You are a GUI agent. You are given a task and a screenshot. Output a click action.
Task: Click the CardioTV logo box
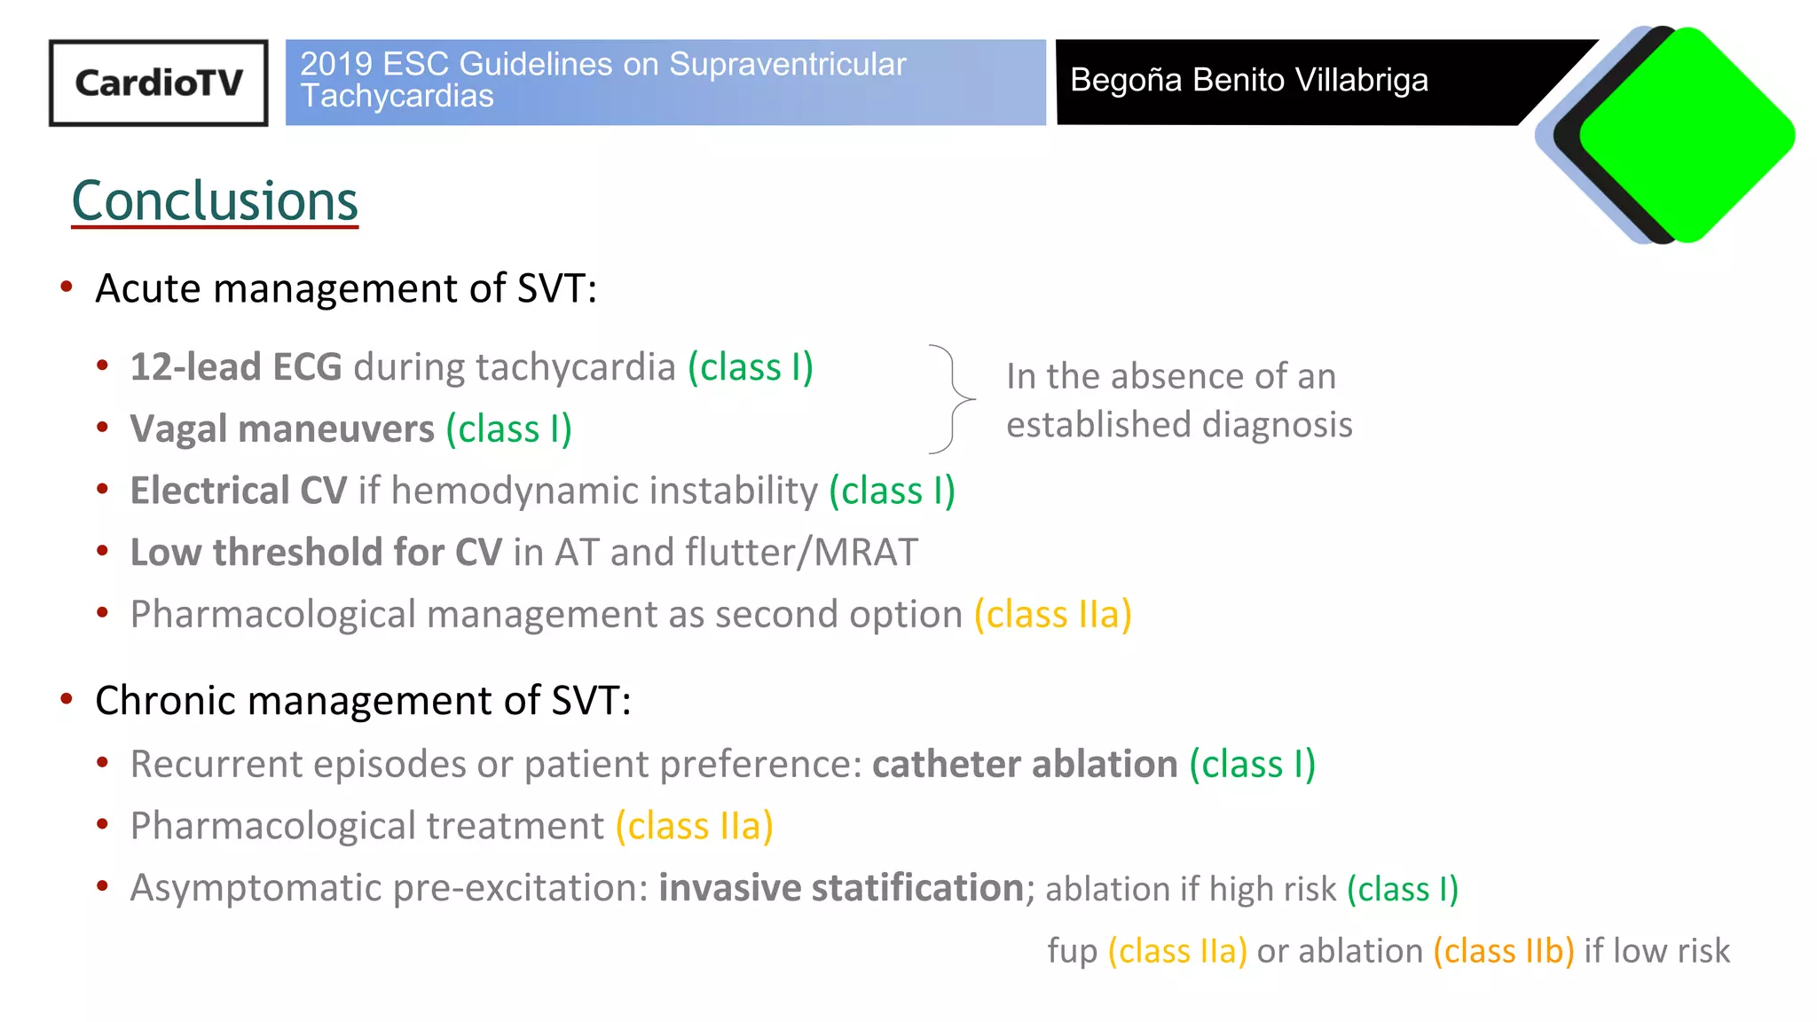pyautogui.click(x=158, y=83)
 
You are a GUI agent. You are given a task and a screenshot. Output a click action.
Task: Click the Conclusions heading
pyautogui.click(x=215, y=200)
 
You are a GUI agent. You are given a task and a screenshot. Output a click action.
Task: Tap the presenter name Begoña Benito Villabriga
pyautogui.click(x=1248, y=80)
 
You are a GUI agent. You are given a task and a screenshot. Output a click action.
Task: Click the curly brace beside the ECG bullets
pyautogui.click(x=952, y=398)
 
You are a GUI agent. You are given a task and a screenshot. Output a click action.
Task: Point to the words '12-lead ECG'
pyautogui.click(x=236, y=367)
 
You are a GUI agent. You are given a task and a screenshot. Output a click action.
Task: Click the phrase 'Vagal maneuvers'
pyautogui.click(x=282, y=429)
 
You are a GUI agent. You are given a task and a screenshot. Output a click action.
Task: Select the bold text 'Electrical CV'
pyautogui.click(x=238, y=491)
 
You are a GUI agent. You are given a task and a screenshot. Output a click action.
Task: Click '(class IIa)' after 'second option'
pyautogui.click(x=1052, y=614)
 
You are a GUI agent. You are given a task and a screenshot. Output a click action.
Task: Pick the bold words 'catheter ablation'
pyautogui.click(x=1025, y=764)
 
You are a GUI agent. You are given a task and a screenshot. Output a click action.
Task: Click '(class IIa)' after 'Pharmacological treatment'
pyautogui.click(x=694, y=826)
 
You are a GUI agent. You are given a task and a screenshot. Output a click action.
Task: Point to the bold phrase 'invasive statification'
pyautogui.click(x=841, y=887)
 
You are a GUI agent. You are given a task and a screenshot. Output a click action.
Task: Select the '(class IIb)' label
pyautogui.click(x=1504, y=951)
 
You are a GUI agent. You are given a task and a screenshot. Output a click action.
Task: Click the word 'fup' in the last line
pyautogui.click(x=1072, y=951)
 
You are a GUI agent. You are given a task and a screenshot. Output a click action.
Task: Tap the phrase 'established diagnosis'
pyautogui.click(x=1179, y=424)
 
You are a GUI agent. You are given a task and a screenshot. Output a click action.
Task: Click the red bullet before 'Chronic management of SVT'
pyautogui.click(x=67, y=699)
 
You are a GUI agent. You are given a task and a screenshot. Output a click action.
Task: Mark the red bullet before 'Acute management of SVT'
pyautogui.click(x=67, y=287)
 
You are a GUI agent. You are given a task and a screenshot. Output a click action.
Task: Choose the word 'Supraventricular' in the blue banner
pyautogui.click(x=787, y=64)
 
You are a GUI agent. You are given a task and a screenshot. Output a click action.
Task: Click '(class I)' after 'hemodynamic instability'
pyautogui.click(x=892, y=491)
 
